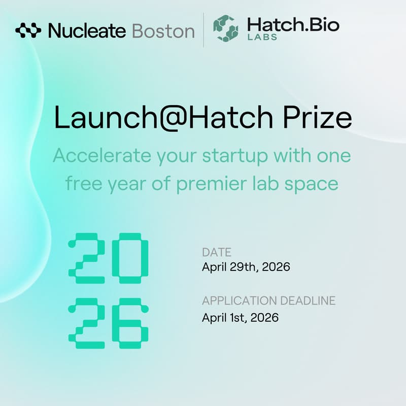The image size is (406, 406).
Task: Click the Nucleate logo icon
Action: [x=28, y=31]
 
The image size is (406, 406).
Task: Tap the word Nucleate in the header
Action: [x=87, y=31]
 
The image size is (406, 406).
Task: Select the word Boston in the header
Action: [x=163, y=31]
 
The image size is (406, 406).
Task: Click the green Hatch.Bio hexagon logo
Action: [x=225, y=28]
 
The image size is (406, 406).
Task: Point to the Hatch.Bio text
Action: [x=292, y=24]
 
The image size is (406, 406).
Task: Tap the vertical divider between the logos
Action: [x=204, y=30]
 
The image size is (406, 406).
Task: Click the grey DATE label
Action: [x=217, y=252]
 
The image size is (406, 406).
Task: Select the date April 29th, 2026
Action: [x=246, y=267]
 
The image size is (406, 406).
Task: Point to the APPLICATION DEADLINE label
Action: [x=268, y=300]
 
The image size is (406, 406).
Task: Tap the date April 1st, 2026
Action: [x=240, y=318]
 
